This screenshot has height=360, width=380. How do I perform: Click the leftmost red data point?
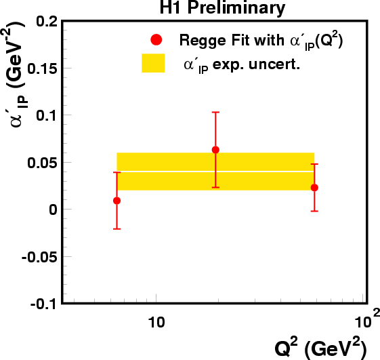point(117,201)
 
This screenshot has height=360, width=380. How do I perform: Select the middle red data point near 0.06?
point(215,150)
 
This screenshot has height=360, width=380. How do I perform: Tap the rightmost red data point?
point(314,188)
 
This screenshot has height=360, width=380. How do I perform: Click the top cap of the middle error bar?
point(215,112)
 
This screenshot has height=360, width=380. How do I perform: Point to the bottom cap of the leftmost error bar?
point(117,229)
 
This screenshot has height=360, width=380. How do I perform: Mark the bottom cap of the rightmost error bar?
point(314,212)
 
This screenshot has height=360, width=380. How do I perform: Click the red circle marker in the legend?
point(156,39)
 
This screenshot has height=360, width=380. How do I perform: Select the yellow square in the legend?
point(153,63)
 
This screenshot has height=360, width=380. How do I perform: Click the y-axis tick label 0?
point(54,209)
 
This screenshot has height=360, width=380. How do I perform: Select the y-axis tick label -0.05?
point(39,257)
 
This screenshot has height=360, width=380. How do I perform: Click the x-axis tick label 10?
point(156,323)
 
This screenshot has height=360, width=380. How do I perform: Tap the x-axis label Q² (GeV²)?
point(320,348)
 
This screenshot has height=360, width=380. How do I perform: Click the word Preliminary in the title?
point(236,8)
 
